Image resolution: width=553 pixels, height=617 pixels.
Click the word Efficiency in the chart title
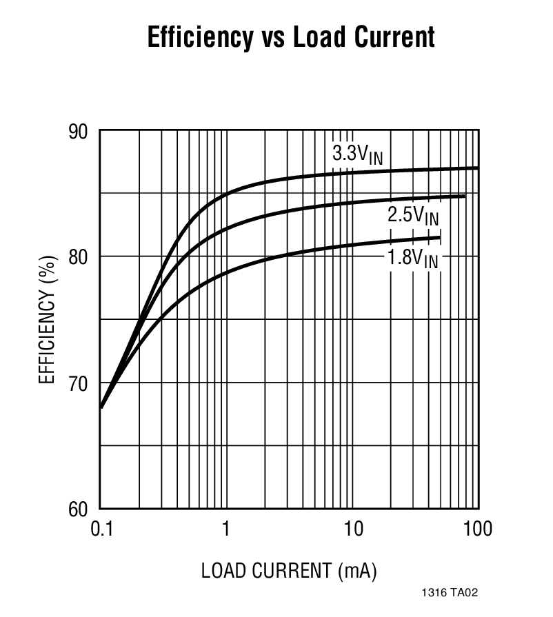tap(200, 37)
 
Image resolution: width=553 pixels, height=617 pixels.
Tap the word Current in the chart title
tap(398, 37)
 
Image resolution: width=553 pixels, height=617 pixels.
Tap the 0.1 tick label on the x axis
tap(101, 529)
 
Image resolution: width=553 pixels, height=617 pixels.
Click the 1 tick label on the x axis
tap(226, 529)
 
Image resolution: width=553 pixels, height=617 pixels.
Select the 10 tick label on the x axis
tap(352, 529)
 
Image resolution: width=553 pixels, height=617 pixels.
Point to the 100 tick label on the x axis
tap(477, 529)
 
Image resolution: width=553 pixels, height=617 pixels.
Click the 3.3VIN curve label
tap(356, 154)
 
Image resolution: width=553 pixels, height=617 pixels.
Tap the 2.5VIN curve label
tap(412, 216)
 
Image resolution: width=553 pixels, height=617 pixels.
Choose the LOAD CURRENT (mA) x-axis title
tap(289, 571)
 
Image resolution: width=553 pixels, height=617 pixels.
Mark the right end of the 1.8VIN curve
tap(439, 238)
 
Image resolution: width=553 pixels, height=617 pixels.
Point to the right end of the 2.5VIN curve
tap(464, 196)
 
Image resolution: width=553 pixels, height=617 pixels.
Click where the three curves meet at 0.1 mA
tap(102, 407)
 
